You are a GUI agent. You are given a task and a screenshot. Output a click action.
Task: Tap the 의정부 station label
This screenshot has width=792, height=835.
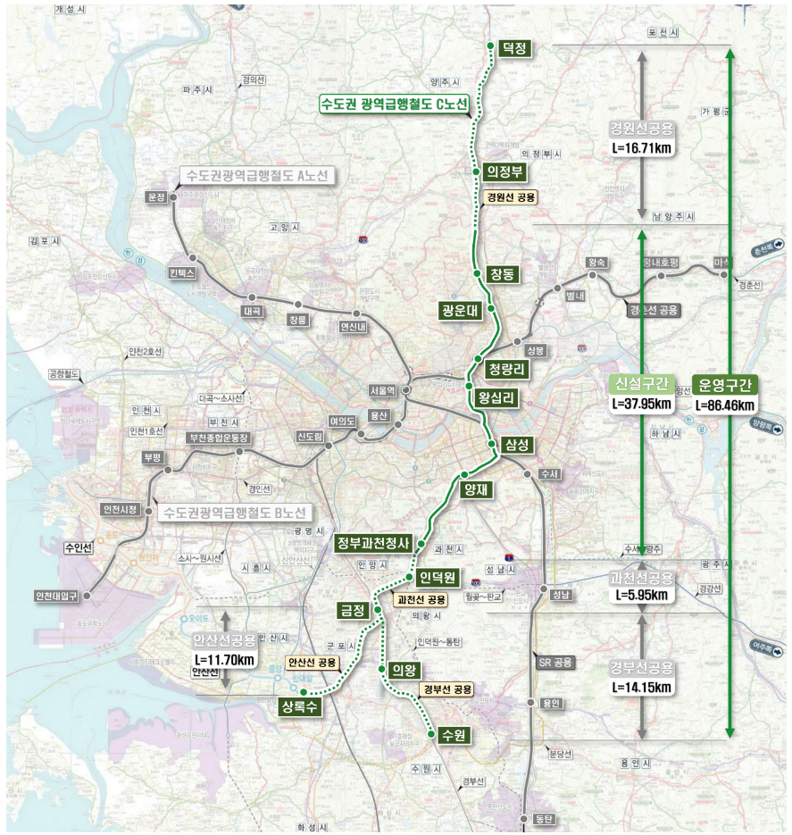(x=504, y=171)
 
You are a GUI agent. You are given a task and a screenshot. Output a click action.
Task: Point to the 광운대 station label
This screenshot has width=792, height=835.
(x=460, y=311)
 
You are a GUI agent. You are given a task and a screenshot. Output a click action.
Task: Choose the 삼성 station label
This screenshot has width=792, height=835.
(x=517, y=444)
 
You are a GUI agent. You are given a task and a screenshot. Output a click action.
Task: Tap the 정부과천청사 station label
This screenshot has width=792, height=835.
(x=372, y=542)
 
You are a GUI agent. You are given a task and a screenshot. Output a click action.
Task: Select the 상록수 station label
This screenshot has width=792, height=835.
(x=299, y=707)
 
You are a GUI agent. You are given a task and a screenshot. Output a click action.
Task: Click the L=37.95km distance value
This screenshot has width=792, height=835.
(x=640, y=404)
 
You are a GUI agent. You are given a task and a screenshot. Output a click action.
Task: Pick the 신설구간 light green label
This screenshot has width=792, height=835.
(x=640, y=385)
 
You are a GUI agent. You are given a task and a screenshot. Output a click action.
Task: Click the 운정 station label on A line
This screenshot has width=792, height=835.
(x=157, y=197)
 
